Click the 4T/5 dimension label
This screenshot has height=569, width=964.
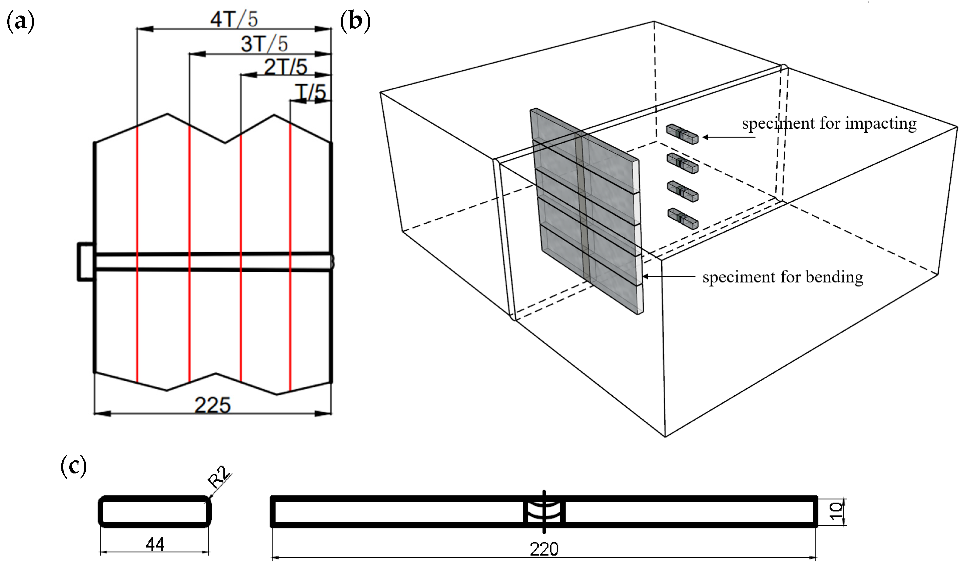coord(234,19)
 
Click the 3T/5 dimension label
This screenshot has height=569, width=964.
coord(264,44)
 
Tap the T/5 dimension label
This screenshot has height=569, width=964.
coord(311,92)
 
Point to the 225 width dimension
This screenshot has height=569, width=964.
coord(212,405)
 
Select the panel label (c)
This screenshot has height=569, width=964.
coord(74,466)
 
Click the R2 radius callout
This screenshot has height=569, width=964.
coord(219,477)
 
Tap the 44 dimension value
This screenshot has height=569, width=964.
coord(155,544)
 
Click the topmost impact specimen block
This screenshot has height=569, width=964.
coord(682,134)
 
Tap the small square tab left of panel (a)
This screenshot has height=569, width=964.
coord(86,262)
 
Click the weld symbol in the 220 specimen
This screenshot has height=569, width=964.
coord(544,512)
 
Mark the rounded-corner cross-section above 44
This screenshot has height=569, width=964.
coord(155,512)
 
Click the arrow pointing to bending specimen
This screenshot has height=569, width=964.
coord(668,276)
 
